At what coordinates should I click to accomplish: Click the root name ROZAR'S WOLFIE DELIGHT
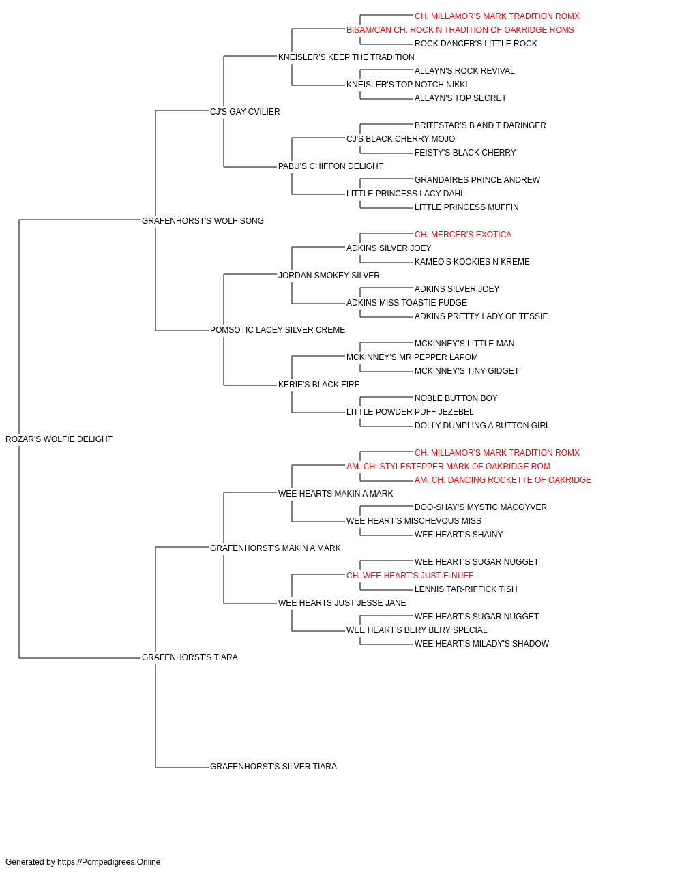pos(59,439)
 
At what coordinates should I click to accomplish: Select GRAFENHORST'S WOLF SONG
pos(203,220)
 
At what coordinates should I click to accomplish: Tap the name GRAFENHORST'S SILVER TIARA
pos(273,766)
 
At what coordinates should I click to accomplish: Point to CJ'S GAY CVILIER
pos(245,111)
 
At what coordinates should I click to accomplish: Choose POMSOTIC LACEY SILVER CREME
pos(277,330)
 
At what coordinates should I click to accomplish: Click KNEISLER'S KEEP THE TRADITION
pos(346,57)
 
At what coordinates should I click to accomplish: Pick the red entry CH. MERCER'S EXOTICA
pos(462,234)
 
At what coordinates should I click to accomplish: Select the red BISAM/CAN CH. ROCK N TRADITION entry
pos(460,30)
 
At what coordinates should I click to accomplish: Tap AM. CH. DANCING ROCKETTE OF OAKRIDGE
pos(503,479)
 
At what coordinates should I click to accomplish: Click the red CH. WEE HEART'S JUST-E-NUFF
pos(410,576)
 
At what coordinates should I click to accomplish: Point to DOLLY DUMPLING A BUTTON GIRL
pos(482,425)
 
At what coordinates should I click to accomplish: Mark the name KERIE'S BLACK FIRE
pos(318,385)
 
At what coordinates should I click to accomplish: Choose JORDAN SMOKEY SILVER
pos(329,275)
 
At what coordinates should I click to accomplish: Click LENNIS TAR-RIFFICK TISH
pos(466,589)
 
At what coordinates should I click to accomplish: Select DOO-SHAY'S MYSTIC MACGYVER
pos(480,507)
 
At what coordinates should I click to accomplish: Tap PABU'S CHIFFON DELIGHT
pos(330,166)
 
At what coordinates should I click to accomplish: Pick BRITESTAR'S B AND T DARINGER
pos(480,125)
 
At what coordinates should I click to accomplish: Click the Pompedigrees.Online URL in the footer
pos(108,862)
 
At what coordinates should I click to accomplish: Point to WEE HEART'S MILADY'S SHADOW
pos(481,644)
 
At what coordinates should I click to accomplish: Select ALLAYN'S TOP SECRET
pos(460,98)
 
